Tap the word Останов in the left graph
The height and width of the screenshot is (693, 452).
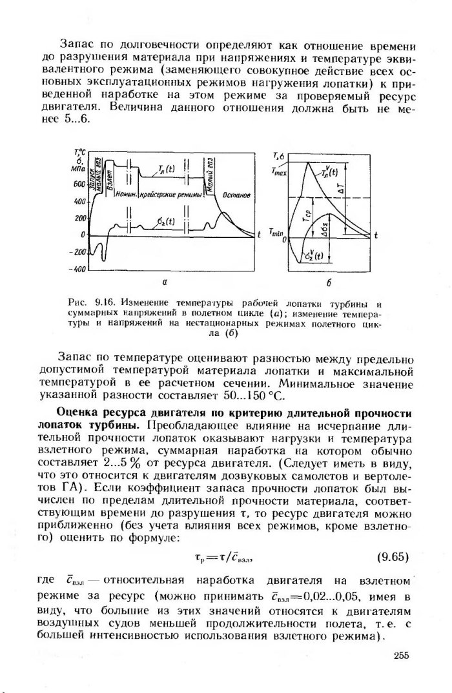click(236, 194)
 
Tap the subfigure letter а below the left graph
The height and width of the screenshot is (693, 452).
click(165, 282)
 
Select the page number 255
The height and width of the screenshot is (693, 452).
click(401, 656)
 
